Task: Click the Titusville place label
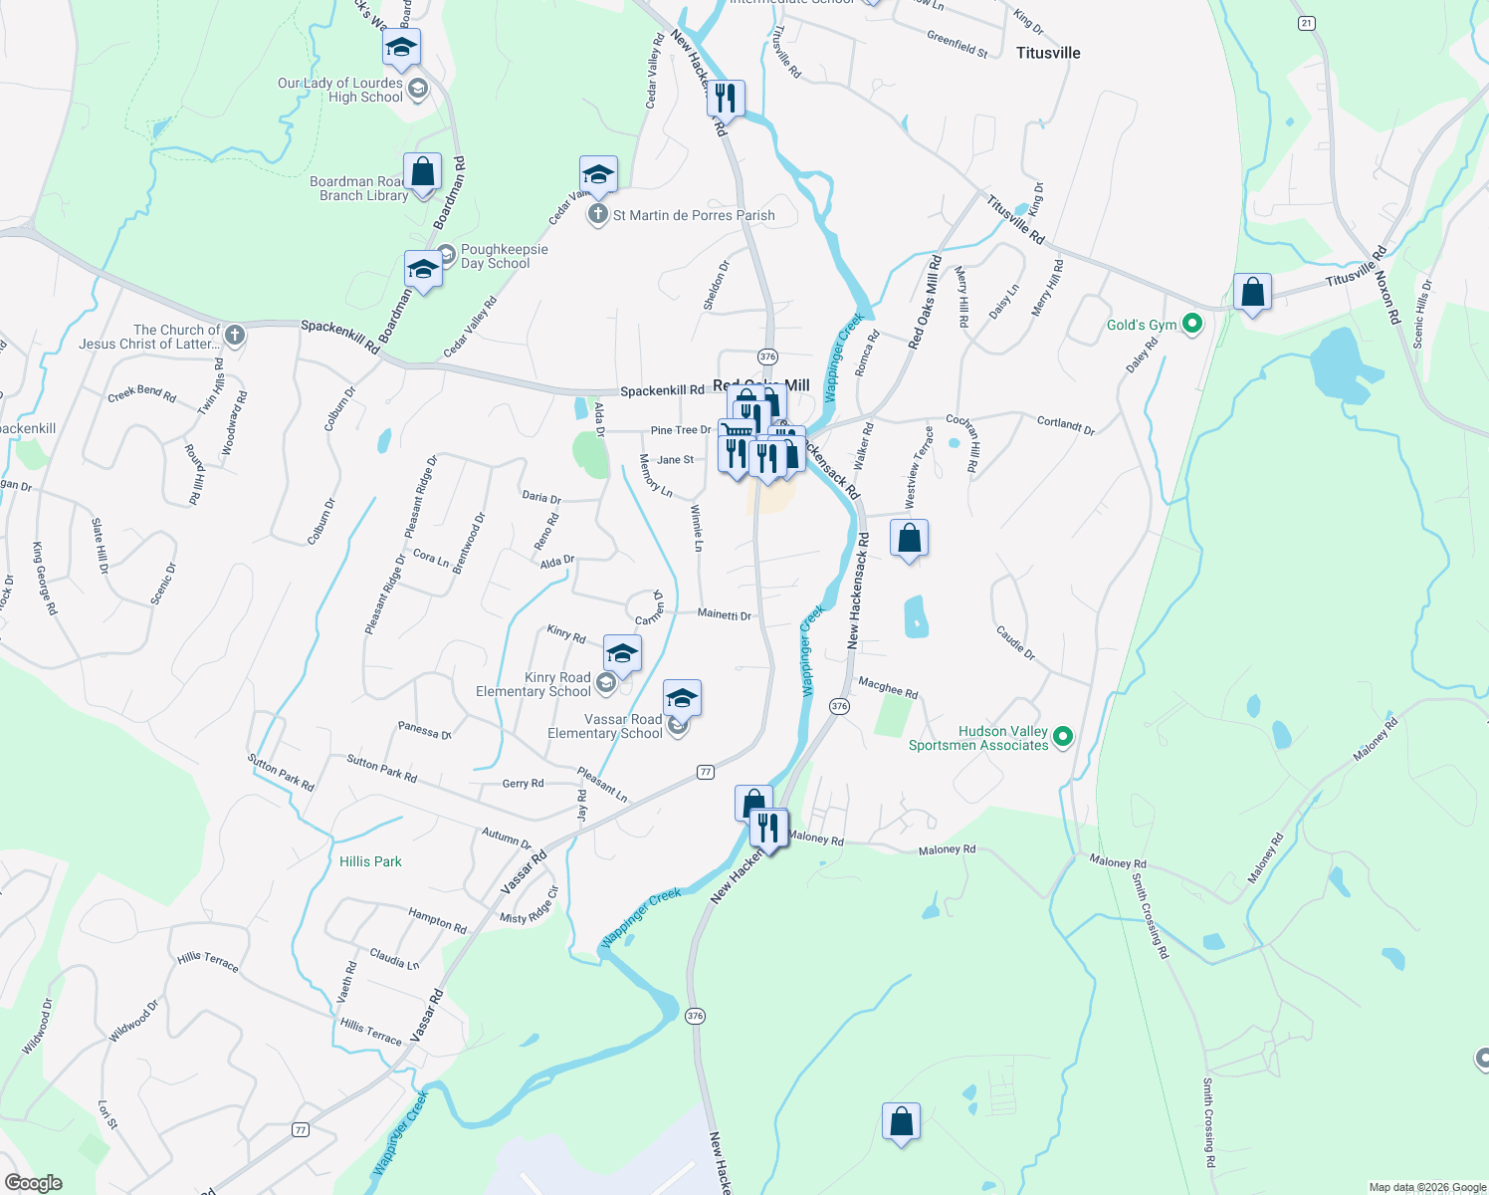(x=1048, y=53)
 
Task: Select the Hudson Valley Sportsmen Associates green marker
(x=1063, y=737)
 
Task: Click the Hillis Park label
(x=370, y=861)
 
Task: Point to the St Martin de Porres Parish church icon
(x=597, y=214)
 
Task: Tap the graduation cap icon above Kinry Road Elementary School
(x=622, y=654)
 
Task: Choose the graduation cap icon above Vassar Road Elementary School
(x=682, y=698)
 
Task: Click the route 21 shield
(x=1307, y=23)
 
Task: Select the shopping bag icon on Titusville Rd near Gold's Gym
(x=1252, y=293)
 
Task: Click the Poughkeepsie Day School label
(x=504, y=256)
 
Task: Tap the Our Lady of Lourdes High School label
(x=340, y=90)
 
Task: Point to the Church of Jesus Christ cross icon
(x=235, y=335)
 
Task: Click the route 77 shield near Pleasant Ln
(x=706, y=772)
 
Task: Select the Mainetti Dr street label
(x=724, y=615)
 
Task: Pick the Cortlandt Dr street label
(x=1065, y=425)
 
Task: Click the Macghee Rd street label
(x=888, y=687)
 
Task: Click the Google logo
(x=33, y=1183)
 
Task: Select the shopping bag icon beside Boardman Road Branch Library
(x=422, y=171)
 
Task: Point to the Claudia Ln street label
(x=394, y=958)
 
